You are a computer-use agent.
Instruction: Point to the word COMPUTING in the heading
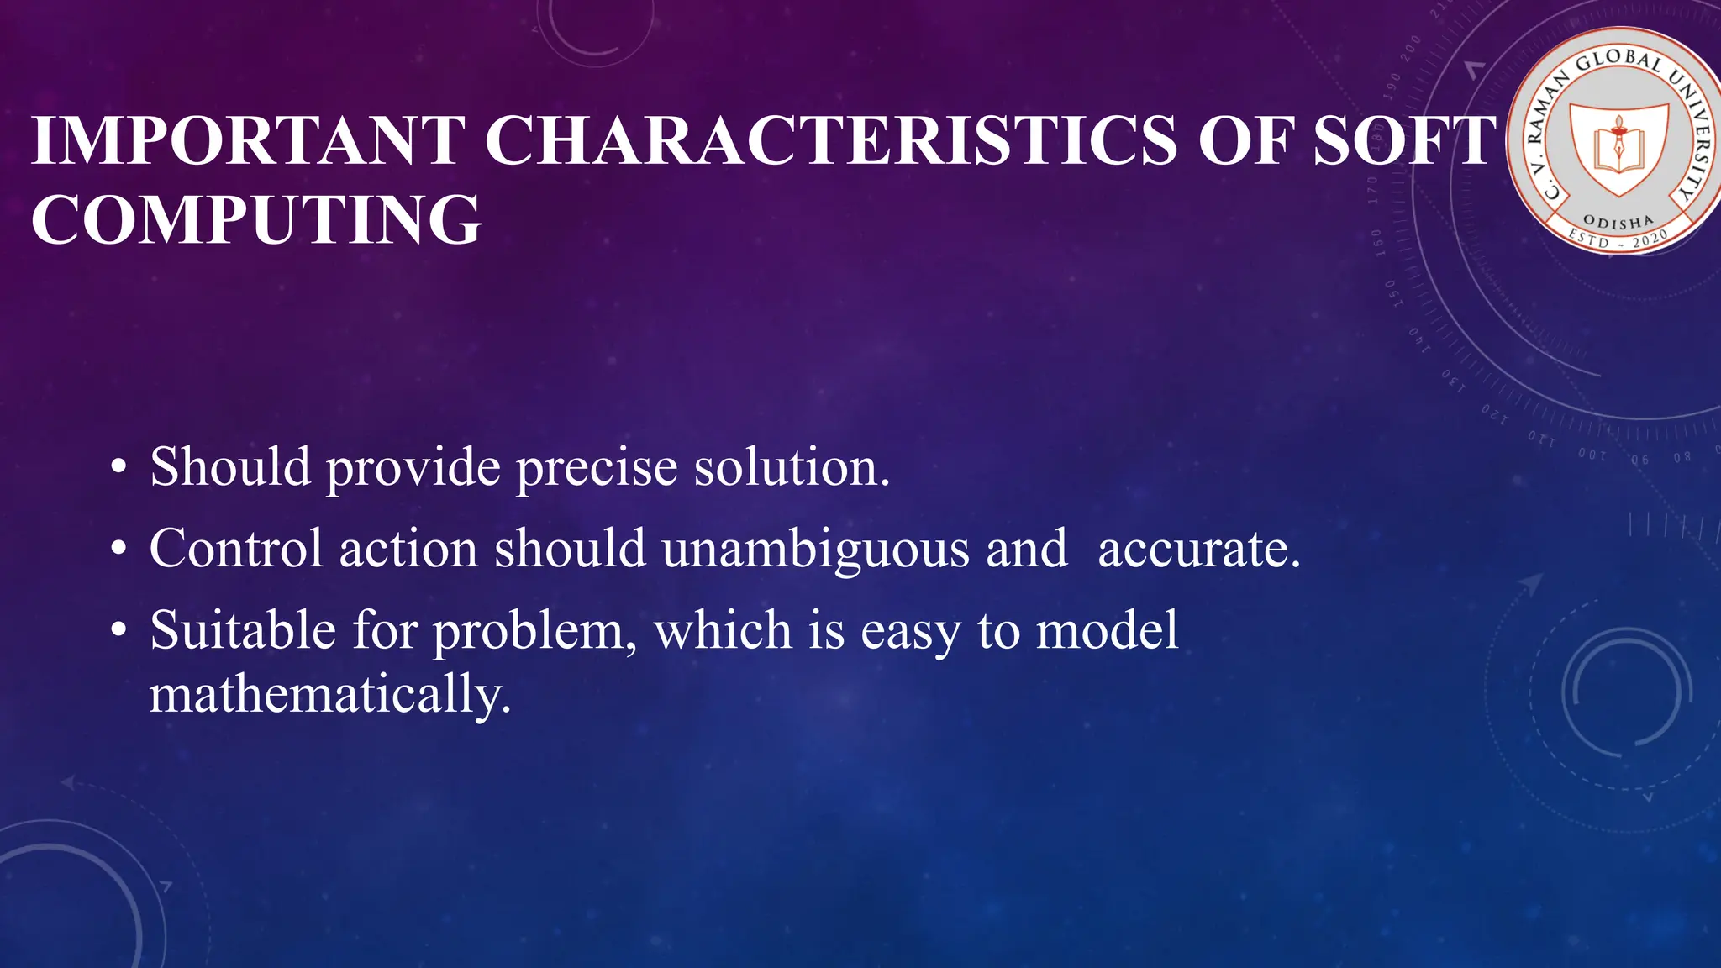256,220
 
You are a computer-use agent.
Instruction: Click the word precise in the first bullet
597,467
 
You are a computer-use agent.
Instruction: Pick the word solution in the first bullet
791,467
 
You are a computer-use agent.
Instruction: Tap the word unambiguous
815,550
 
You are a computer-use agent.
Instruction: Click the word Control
236,550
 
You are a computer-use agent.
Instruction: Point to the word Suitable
243,630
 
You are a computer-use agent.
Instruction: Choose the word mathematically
330,696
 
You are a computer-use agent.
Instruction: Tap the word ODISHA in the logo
1618,223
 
